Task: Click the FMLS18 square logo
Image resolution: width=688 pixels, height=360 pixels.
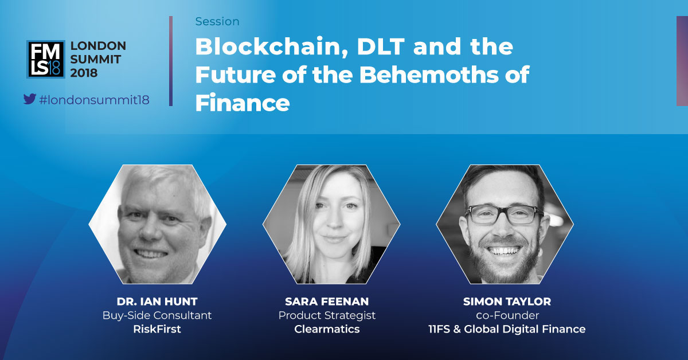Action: point(46,59)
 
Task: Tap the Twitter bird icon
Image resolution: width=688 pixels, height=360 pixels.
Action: point(30,99)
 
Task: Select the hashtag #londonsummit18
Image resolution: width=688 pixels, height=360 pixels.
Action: point(94,100)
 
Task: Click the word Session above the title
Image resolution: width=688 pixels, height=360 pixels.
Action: point(217,22)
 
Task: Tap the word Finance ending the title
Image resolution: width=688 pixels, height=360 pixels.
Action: point(243,103)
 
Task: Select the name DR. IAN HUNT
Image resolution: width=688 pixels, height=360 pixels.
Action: point(157,302)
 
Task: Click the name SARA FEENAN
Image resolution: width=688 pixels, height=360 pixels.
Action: point(327,302)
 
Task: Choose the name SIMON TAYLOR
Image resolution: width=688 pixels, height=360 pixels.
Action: point(507,302)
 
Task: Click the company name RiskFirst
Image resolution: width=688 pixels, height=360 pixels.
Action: point(157,329)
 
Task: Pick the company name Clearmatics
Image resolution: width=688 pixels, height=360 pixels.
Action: point(327,329)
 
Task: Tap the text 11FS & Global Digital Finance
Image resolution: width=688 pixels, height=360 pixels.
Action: point(507,329)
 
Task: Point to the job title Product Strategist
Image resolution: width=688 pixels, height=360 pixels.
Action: point(327,315)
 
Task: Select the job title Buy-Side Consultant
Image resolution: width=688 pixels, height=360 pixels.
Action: point(157,315)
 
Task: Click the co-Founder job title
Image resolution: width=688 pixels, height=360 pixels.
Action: point(507,315)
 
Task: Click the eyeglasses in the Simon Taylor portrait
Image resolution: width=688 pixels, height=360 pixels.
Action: point(504,214)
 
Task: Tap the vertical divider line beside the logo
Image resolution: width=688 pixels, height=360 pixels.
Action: point(171,61)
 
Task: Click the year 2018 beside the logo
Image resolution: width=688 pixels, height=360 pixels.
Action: point(84,73)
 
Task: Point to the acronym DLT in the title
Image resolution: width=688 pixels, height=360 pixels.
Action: point(380,47)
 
